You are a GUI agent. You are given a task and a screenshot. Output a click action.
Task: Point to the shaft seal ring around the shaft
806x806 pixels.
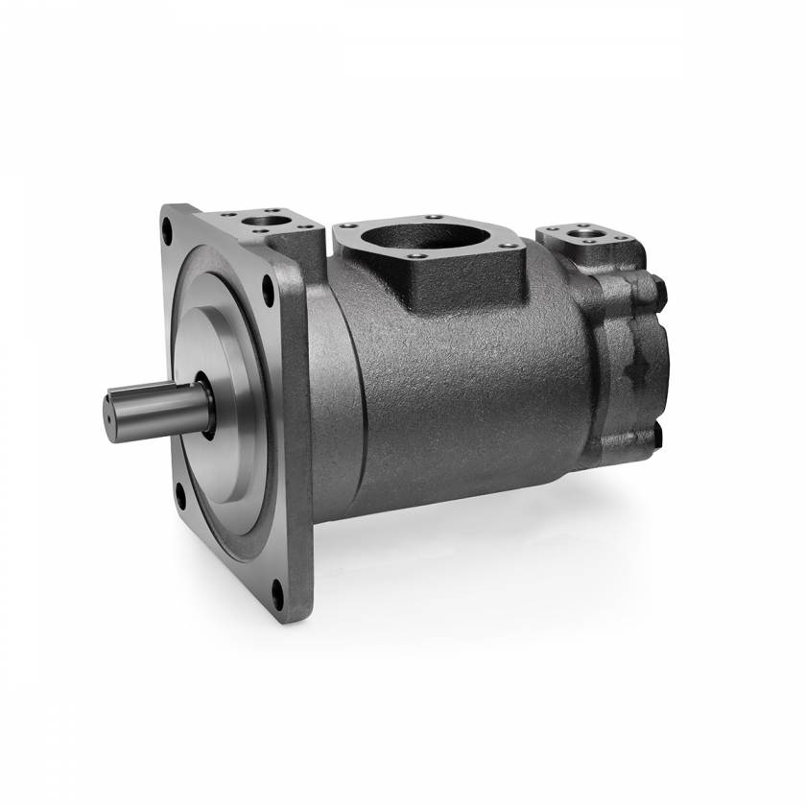[x=206, y=403]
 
